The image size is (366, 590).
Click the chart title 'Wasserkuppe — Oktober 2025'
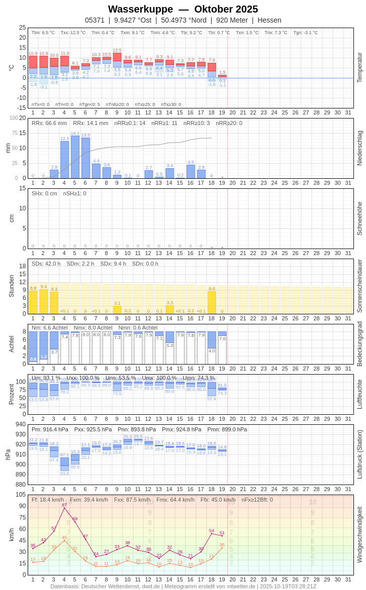183,9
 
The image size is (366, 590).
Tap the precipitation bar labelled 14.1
75,157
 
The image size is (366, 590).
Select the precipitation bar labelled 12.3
64,160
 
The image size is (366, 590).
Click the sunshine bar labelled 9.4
44,301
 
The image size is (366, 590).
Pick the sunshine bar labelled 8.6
212,302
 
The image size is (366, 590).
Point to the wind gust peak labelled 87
64,508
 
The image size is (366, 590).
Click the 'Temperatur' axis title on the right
359,68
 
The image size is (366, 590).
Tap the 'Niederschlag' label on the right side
359,148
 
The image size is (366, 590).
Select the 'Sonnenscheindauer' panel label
359,286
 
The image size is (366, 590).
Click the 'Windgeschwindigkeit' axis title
359,534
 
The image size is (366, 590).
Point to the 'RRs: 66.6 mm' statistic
49,123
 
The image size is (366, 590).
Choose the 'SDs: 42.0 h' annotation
46,264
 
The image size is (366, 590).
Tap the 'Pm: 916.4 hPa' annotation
50,429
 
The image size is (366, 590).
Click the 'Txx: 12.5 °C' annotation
73,33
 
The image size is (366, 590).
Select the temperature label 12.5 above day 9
117,50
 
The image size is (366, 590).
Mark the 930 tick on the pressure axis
20,434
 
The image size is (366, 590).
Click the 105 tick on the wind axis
20,495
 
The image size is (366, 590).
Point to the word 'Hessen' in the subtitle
269,20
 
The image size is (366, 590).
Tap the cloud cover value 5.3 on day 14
169,345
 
